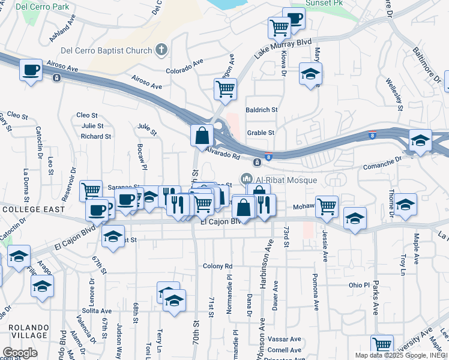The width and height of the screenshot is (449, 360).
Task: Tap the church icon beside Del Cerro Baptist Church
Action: coord(161,50)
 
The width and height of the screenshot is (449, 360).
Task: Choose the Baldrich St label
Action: coord(262,110)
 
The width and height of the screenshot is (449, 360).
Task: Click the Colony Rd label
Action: coord(217,266)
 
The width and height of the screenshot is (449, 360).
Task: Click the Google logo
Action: coord(20,352)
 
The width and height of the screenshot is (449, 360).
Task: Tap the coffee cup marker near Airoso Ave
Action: coord(31,70)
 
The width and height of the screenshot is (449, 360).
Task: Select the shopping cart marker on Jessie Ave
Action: coord(327,206)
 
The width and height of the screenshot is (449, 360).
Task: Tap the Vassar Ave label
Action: coord(285,339)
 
